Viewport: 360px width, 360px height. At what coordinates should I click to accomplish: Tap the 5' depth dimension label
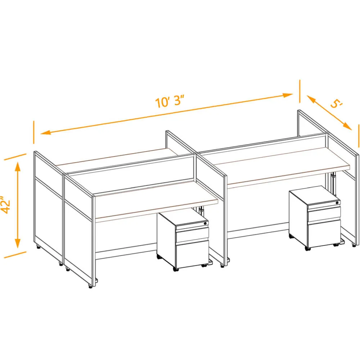tap(337, 104)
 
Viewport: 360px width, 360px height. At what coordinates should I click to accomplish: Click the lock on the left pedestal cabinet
tap(206, 223)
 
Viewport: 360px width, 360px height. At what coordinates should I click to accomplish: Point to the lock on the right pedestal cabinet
tap(337, 203)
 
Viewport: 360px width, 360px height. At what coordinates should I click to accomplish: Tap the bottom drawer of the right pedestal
tap(324, 234)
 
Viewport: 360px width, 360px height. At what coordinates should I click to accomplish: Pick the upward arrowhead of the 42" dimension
tap(18, 167)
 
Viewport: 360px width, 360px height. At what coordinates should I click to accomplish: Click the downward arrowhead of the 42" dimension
tap(18, 243)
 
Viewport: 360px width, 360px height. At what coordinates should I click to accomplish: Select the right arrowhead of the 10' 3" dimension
tap(287, 95)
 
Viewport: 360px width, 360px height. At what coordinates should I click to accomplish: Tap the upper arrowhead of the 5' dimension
tap(311, 99)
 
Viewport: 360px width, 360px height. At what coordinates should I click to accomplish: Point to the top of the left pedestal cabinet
tap(183, 218)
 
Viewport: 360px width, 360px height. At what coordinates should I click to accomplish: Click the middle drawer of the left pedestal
tap(192, 235)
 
